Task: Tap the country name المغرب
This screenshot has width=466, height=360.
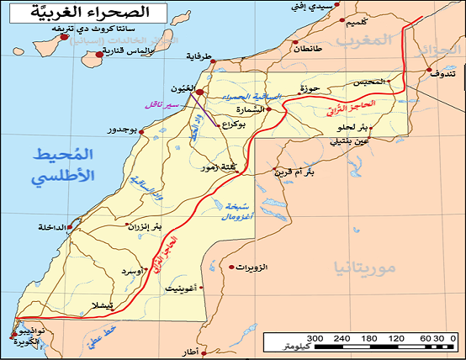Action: [364, 40]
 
